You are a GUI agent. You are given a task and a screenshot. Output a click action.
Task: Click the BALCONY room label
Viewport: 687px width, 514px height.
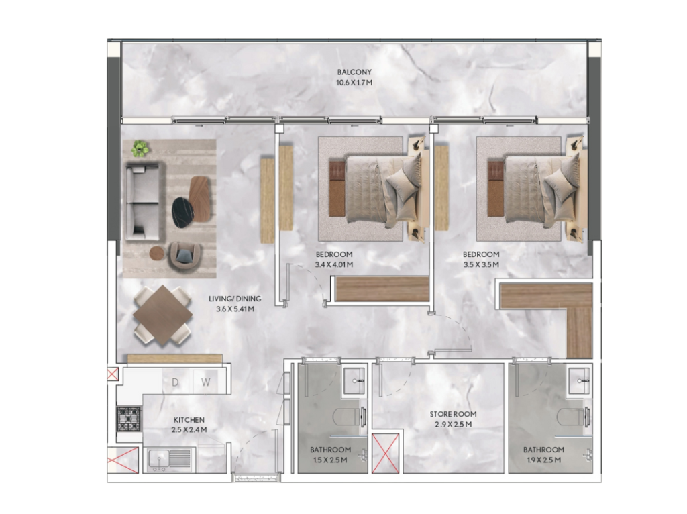point(354,72)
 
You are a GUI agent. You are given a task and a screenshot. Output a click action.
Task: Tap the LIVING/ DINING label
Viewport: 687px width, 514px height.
point(235,299)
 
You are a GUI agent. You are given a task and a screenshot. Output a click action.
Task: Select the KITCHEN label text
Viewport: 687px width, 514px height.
point(189,420)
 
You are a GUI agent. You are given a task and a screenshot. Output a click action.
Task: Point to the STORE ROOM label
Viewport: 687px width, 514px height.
point(453,414)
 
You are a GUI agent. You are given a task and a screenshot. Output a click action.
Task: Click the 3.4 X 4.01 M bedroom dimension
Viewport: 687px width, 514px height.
point(334,264)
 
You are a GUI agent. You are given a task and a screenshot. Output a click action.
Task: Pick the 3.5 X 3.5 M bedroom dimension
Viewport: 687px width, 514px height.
point(481,264)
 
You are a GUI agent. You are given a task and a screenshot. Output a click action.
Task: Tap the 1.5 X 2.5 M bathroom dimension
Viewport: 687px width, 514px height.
point(330,460)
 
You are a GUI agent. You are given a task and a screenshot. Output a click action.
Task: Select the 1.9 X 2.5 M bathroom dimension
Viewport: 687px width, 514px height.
point(543,460)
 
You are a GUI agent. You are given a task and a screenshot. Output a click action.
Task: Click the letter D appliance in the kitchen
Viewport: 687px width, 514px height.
point(175,382)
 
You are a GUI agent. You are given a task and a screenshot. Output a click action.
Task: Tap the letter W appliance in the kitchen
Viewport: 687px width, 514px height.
point(206,382)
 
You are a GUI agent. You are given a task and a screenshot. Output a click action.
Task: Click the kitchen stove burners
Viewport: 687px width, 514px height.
point(129,419)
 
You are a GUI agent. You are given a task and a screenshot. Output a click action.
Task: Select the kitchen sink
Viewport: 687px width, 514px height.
point(169,460)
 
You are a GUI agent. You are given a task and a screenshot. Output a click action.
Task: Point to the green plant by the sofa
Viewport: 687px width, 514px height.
point(140,148)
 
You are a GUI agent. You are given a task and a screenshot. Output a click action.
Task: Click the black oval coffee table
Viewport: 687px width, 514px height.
point(182,213)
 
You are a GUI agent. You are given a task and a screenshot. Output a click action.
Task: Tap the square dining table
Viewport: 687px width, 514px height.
point(162,315)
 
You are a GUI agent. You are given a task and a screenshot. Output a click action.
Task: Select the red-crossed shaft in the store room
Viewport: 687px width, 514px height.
point(386,453)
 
